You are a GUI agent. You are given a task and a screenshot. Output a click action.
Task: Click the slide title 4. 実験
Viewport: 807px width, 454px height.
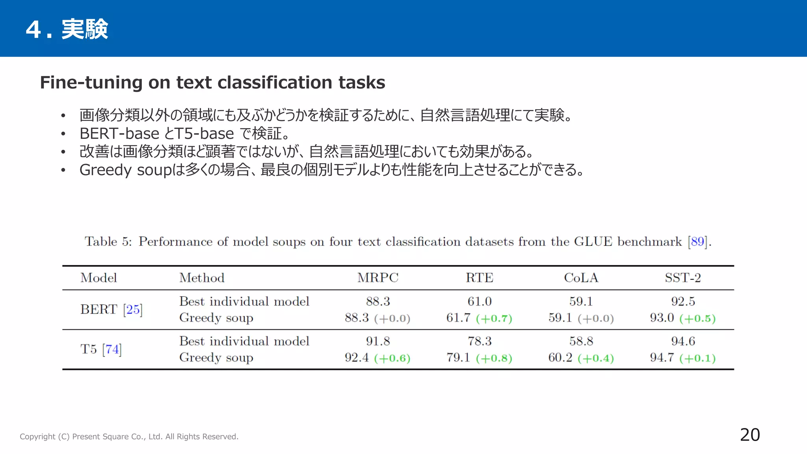click(67, 29)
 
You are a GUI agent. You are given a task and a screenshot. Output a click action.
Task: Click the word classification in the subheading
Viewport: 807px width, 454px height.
click(274, 83)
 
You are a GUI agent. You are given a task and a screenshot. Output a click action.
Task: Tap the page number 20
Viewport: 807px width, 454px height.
click(749, 435)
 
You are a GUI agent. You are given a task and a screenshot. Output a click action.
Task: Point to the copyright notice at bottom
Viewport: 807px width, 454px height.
click(129, 437)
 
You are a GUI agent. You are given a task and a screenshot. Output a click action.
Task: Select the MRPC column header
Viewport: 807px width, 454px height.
click(377, 278)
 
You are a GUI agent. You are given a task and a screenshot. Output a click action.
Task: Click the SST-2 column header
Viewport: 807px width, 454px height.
click(682, 278)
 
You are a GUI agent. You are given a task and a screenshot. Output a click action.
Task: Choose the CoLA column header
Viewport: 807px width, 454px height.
click(581, 278)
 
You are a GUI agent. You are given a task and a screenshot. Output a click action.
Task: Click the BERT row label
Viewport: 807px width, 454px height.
click(99, 309)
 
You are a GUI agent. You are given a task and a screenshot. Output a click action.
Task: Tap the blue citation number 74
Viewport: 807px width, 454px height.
click(112, 349)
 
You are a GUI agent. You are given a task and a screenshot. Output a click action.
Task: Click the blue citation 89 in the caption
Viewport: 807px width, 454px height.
click(697, 241)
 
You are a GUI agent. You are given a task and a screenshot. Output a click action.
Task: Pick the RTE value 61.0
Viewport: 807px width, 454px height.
click(479, 301)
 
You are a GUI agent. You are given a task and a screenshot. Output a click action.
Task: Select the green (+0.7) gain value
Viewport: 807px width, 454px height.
click(494, 318)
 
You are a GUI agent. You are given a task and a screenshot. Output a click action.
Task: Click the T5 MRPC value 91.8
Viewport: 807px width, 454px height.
click(377, 341)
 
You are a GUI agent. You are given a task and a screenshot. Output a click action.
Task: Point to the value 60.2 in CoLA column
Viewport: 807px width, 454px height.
click(560, 357)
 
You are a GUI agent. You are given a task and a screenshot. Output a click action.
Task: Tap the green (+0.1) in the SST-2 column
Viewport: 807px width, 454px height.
click(697, 358)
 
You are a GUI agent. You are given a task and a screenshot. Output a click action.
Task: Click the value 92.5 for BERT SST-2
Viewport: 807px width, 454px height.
click(682, 301)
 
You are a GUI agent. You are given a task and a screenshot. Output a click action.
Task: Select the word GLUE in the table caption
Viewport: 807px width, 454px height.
click(593, 241)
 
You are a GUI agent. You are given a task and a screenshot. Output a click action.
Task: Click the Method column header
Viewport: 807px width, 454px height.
click(202, 278)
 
